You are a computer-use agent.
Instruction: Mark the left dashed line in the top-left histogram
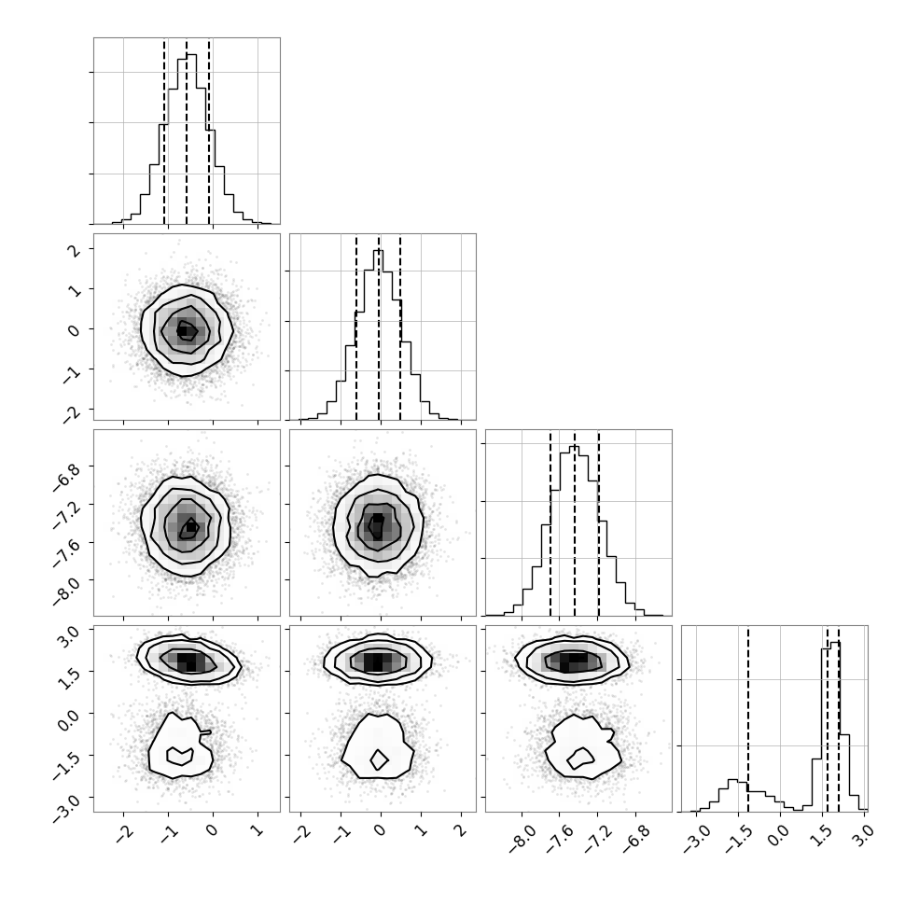164,131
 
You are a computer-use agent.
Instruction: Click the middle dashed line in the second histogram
379,327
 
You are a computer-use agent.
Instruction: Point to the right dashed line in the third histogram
599,522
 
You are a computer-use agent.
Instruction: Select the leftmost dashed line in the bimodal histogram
748,718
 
